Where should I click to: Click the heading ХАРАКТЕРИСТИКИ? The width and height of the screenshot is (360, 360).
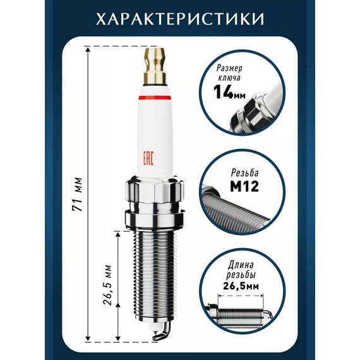(180, 19)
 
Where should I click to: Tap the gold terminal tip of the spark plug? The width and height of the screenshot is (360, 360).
(155, 66)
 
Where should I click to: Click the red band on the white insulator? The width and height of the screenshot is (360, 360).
(155, 97)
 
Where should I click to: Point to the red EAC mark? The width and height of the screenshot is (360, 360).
(148, 158)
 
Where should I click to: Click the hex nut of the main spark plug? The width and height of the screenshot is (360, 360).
(155, 190)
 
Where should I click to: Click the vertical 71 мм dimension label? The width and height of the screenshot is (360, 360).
(77, 195)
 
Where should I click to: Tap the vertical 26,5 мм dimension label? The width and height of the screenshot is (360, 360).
(107, 285)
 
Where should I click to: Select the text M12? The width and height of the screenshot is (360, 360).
(244, 187)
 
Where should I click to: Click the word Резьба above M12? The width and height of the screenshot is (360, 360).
(245, 173)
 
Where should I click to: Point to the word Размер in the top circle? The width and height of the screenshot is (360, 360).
(229, 68)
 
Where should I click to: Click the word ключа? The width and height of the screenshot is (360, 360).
(229, 78)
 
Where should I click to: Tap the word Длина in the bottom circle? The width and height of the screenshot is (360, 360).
(241, 265)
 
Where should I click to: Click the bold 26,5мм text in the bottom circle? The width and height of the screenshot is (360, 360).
(241, 286)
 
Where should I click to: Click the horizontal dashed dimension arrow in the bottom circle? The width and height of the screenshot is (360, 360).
(241, 296)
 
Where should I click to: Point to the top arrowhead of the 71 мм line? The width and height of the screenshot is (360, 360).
(87, 49)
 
